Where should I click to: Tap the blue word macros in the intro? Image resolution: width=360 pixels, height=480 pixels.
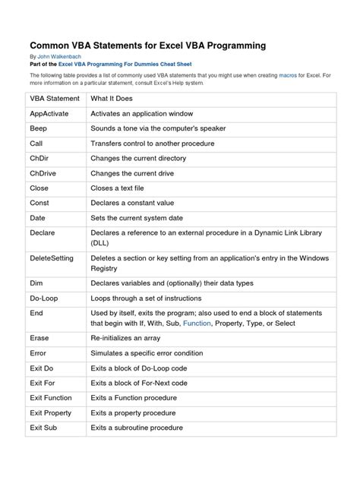tap(289, 77)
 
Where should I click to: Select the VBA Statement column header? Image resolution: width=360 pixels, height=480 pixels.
tap(55, 99)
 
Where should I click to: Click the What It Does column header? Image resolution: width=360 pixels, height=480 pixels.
tap(115, 99)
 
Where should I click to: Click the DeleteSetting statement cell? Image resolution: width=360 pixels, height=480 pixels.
tap(52, 258)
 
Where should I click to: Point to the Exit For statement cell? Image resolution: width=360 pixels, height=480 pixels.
tap(44, 384)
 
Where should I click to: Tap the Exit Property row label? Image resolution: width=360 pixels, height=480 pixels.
tap(51, 412)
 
